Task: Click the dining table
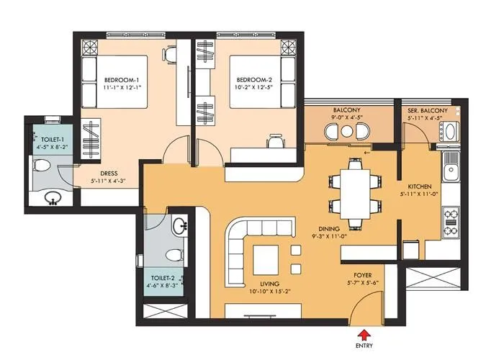354,189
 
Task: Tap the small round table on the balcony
350,132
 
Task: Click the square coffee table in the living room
265,257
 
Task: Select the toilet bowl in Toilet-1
43,167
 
